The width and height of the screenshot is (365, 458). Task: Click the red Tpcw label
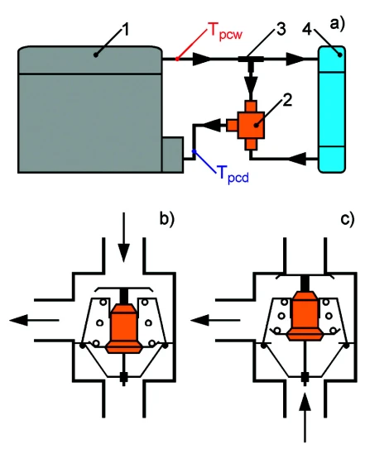(x=225, y=31)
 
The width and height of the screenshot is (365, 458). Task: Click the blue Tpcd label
(x=233, y=174)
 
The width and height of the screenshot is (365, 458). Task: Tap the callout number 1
(x=125, y=30)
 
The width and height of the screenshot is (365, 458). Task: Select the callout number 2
(x=287, y=99)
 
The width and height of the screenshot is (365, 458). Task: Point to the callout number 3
(x=281, y=29)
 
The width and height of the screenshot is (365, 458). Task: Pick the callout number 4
(x=307, y=29)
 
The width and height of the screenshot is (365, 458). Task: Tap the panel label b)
(x=166, y=218)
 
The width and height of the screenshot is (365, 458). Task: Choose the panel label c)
(x=347, y=218)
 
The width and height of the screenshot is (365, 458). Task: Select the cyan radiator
(x=332, y=109)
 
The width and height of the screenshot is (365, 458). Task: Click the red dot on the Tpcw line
(x=177, y=59)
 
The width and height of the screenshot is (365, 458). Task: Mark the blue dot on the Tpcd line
(x=194, y=151)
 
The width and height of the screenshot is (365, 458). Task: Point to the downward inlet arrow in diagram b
(x=123, y=237)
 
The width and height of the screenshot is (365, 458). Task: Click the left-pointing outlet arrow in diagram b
(x=34, y=320)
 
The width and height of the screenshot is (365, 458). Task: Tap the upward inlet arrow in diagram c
(x=305, y=417)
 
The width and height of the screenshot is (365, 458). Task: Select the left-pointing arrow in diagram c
(x=215, y=320)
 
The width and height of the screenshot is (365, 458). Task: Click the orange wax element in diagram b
(x=124, y=328)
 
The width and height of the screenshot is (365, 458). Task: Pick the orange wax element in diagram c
(x=305, y=316)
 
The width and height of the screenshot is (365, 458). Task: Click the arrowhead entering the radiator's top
(x=295, y=59)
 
